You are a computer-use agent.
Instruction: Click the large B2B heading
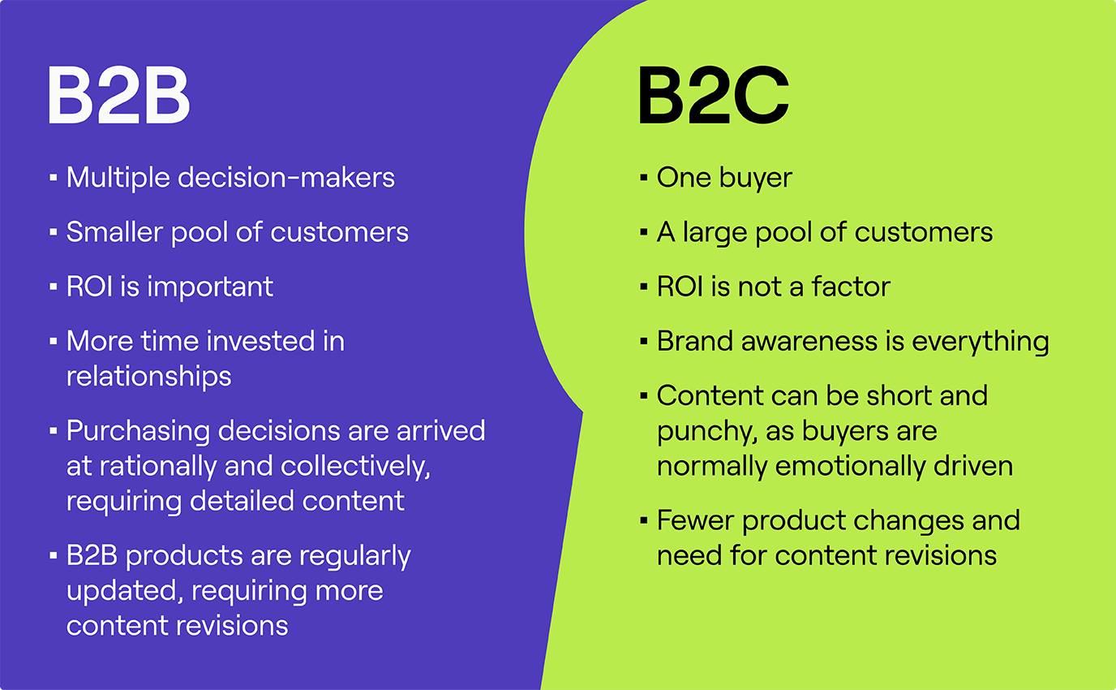(x=118, y=96)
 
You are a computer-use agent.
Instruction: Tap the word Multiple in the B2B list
(x=118, y=177)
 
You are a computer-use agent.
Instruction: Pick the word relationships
(x=148, y=376)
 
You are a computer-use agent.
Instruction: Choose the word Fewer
(x=695, y=520)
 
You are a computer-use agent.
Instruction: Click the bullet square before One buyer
(x=643, y=178)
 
